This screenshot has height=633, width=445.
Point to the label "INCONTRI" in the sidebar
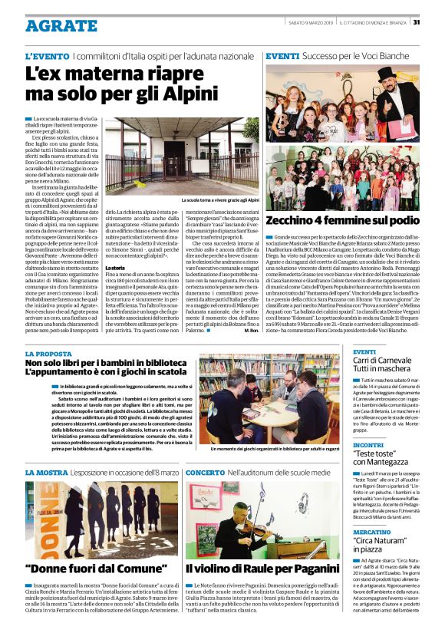[x=368, y=445]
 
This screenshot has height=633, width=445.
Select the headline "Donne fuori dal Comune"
[x=97, y=569]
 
